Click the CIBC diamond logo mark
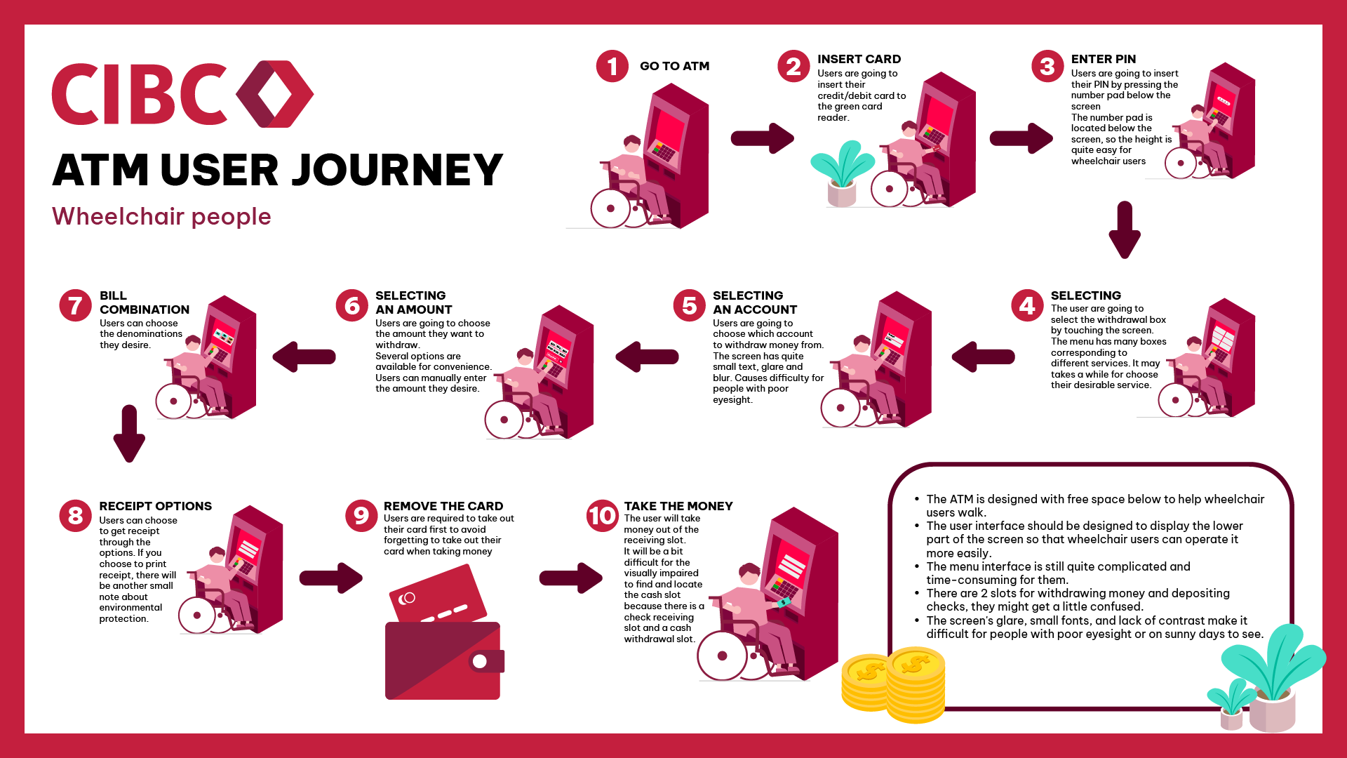point(274,94)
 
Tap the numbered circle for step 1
point(612,66)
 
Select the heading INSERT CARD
point(859,59)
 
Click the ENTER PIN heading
point(1103,59)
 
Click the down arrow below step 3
point(1124,230)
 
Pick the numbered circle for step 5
point(689,305)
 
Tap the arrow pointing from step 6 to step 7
point(304,357)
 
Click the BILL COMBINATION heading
point(144,302)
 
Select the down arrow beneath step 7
point(129,434)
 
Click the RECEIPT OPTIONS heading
point(155,506)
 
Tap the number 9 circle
point(361,516)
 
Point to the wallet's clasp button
point(481,661)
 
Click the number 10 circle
point(602,516)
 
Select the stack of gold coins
point(894,684)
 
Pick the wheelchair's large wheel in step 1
point(610,208)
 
